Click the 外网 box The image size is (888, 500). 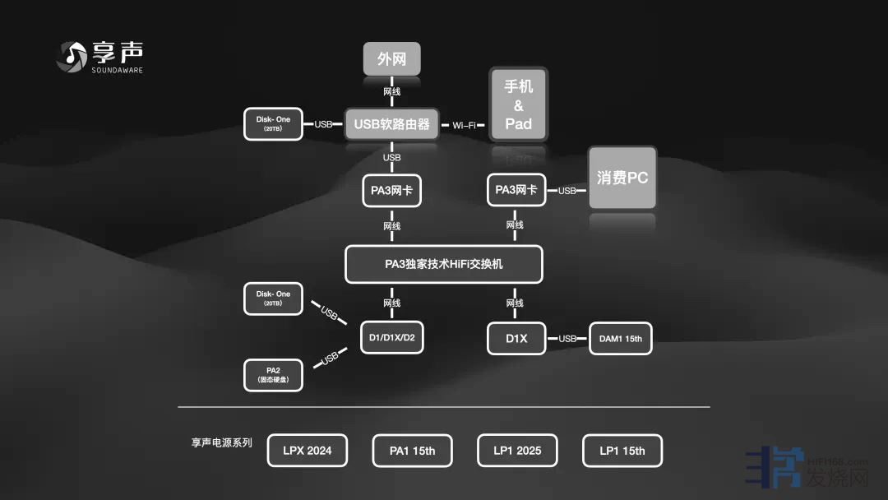point(392,60)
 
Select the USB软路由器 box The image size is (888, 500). point(391,124)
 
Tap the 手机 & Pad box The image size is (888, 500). point(518,105)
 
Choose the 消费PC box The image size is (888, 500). point(622,178)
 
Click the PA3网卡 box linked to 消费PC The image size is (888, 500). point(516,190)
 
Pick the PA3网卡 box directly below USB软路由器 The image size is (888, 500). point(391,190)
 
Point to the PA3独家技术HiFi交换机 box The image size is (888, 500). point(444,265)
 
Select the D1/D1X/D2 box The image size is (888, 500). point(392,337)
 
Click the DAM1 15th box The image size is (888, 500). point(621,338)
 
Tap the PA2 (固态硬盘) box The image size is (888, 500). point(273,375)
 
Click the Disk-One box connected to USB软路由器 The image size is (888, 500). point(273,123)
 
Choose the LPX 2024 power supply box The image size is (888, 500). point(308,451)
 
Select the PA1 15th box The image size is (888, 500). point(413,451)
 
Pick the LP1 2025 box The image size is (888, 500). point(517,451)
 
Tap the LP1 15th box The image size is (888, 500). point(622,451)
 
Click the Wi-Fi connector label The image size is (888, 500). point(464,125)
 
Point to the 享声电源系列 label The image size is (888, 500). point(222,442)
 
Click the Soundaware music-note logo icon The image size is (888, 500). point(72,56)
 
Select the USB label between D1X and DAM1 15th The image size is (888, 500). point(567,339)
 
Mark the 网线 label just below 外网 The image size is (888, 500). point(392,91)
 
